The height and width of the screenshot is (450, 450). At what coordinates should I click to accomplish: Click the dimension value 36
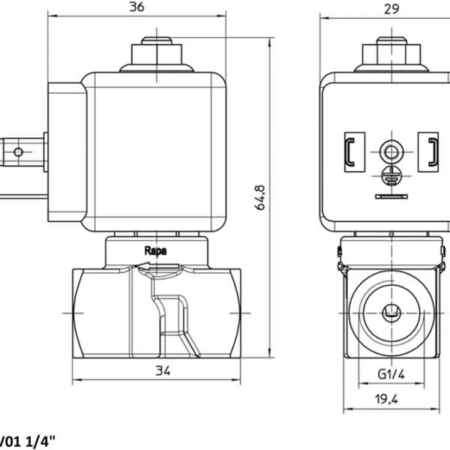(x=136, y=7)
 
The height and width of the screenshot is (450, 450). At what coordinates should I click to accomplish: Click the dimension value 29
(x=391, y=9)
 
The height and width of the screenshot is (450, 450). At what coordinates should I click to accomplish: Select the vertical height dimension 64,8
(x=260, y=198)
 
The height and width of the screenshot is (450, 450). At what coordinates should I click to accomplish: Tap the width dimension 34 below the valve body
(x=163, y=370)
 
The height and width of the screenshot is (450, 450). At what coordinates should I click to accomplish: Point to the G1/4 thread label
(x=391, y=374)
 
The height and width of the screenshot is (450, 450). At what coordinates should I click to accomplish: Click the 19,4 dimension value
(x=386, y=399)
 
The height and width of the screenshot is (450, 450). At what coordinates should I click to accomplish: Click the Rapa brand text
(x=155, y=250)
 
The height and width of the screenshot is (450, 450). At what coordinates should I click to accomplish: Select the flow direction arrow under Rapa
(x=157, y=266)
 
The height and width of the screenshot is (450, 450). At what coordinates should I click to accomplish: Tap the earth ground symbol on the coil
(x=391, y=176)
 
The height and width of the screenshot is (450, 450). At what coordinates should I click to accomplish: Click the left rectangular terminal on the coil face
(x=355, y=151)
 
